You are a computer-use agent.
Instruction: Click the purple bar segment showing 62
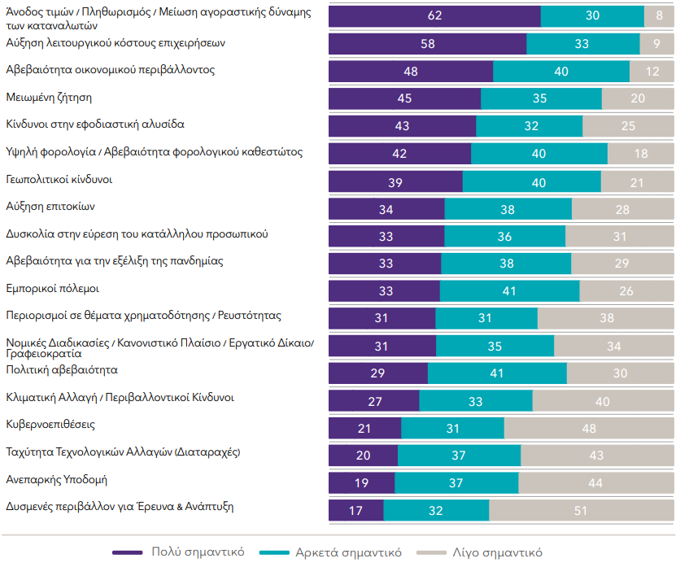[x=434, y=16]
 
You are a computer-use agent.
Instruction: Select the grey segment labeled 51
[x=581, y=510]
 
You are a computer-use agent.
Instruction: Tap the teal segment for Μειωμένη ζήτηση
[x=541, y=98]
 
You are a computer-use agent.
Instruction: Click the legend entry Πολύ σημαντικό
[x=178, y=552]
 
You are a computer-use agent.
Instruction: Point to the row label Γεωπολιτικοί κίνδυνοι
[x=59, y=179]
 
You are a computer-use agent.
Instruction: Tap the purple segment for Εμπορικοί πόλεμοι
[x=384, y=290]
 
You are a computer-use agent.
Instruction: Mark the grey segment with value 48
[x=589, y=428]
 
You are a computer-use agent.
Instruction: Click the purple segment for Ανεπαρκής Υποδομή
[x=361, y=482]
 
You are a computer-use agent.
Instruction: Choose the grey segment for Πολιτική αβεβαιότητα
[x=620, y=373]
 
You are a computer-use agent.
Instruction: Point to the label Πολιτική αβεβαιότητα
[x=62, y=370]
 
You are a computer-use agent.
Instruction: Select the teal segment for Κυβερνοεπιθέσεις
[x=452, y=428]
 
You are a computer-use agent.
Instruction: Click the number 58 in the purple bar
[x=427, y=44]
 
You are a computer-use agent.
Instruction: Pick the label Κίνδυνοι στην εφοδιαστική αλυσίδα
[x=95, y=124]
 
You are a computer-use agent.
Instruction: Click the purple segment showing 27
[x=373, y=400]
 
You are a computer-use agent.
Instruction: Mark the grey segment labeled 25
[x=628, y=126]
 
